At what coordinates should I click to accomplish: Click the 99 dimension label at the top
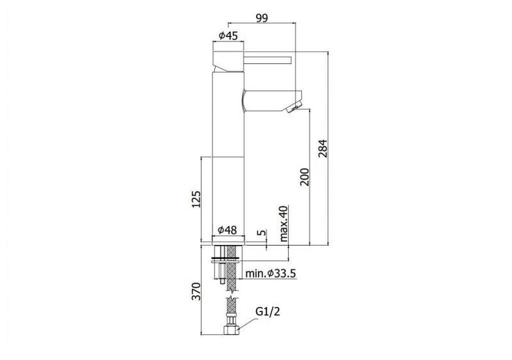coord(262,17)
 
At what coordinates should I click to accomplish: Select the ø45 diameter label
coord(228,35)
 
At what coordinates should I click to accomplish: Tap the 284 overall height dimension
coord(323,148)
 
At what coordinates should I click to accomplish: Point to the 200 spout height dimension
coord(305,177)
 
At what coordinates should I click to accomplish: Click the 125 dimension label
coord(196,199)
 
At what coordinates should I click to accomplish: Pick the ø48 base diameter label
coord(227,230)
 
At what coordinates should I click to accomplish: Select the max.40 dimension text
coord(284,224)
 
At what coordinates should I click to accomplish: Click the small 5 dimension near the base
coord(262,232)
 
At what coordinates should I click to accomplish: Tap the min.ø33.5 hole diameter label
coord(271,273)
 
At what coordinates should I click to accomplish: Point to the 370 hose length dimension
coord(196,292)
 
